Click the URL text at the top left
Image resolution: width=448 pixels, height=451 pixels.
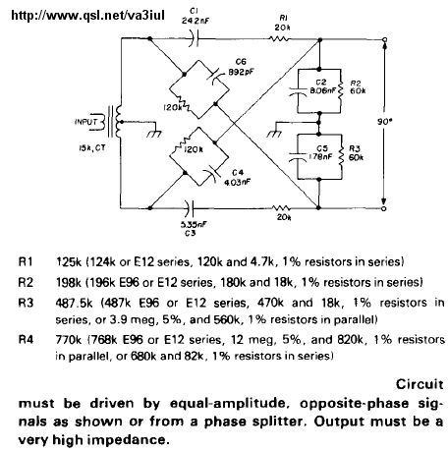[87, 15]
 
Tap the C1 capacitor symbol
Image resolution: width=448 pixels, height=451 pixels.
[195, 38]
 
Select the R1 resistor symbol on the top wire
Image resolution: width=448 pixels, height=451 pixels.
[279, 39]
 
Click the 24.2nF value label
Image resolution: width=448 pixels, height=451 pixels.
[196, 21]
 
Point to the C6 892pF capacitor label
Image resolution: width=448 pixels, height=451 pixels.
[241, 67]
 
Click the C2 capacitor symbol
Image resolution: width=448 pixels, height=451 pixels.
[298, 90]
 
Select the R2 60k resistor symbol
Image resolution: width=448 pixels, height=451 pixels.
[341, 90]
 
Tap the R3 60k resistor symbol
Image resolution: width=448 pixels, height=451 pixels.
[342, 157]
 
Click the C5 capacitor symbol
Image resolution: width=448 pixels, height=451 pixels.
[298, 156]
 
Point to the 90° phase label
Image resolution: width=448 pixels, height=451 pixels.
[384, 122]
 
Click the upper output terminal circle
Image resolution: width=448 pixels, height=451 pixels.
[385, 39]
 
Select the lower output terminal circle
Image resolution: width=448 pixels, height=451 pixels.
[384, 208]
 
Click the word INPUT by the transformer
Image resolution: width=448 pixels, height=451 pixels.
[86, 122]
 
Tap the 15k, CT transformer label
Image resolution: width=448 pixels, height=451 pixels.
[91, 148]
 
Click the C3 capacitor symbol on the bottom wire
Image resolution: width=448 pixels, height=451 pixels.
[190, 208]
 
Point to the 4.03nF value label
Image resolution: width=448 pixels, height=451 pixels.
[238, 183]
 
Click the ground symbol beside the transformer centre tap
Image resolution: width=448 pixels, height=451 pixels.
[154, 134]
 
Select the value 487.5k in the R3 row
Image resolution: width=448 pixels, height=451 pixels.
[74, 303]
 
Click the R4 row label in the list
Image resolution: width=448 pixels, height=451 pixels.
[26, 339]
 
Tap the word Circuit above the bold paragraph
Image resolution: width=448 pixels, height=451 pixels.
[420, 384]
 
